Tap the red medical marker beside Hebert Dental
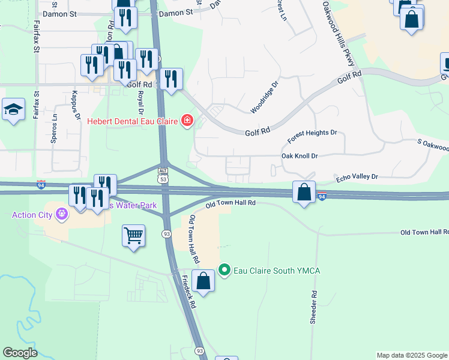[187, 121]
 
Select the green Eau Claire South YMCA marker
[224, 271]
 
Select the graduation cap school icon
[13, 109]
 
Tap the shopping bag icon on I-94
[304, 193]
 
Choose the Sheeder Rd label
[313, 307]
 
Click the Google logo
[20, 353]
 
